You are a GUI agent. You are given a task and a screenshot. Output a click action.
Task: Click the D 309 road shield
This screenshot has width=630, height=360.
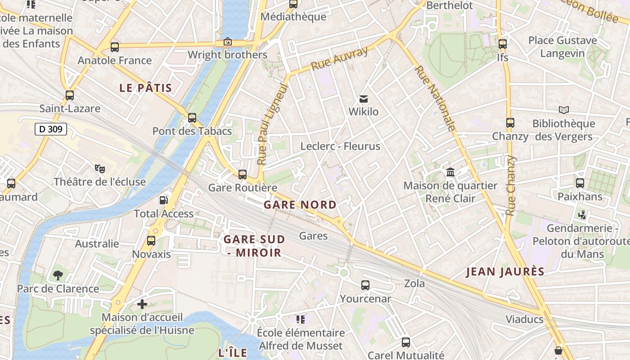[51, 130]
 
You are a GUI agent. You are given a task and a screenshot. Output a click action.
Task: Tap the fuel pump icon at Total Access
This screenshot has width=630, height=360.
[164, 200]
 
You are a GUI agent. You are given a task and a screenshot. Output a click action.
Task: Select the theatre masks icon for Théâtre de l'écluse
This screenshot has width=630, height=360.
[100, 169]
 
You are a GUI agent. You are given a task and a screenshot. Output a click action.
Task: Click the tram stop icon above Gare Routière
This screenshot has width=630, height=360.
[243, 174]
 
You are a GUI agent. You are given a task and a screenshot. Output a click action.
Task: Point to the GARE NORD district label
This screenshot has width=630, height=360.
[300, 205]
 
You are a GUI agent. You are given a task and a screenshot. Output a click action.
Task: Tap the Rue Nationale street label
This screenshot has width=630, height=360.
[435, 98]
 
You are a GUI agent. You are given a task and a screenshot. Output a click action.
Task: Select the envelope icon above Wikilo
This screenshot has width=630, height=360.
[363, 99]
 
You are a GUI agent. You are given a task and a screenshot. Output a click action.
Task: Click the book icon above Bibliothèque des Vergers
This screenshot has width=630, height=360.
[563, 110]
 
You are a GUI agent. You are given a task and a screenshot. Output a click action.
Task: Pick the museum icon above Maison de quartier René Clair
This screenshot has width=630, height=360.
[450, 172]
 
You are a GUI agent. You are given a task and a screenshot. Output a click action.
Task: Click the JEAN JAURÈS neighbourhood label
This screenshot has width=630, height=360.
[505, 272]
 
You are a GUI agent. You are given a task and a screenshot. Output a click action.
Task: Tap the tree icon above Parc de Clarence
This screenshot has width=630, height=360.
[58, 275]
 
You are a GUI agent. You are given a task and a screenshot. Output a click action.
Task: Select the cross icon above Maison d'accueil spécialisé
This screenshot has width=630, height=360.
[142, 304]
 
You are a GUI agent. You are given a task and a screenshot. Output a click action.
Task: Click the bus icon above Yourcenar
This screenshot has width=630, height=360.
[365, 285]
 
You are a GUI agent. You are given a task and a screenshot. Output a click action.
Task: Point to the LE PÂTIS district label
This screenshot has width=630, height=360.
[146, 88]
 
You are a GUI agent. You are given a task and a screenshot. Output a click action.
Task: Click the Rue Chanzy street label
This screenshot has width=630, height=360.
[510, 185]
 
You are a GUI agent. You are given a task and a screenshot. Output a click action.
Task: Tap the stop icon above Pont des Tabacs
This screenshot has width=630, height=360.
[192, 118]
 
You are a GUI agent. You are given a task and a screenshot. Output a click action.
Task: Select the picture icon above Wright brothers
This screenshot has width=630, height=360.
[228, 42]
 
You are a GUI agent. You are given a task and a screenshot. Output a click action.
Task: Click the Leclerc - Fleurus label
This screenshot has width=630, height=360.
[340, 146]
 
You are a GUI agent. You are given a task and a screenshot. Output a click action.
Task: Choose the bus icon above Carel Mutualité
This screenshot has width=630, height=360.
[405, 342]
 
